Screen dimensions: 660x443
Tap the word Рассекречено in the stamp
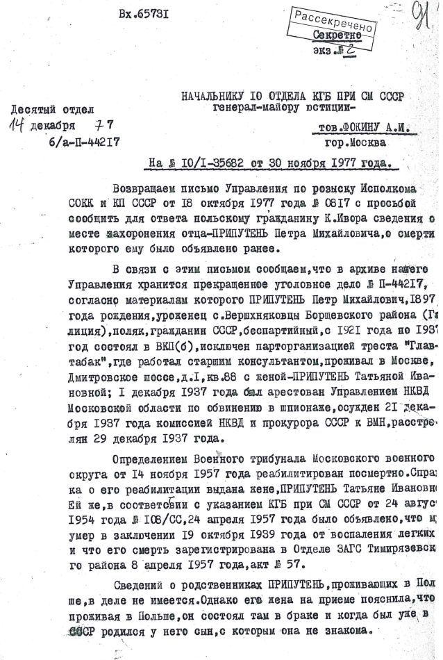334,21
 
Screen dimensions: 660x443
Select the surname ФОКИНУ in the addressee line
360,130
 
